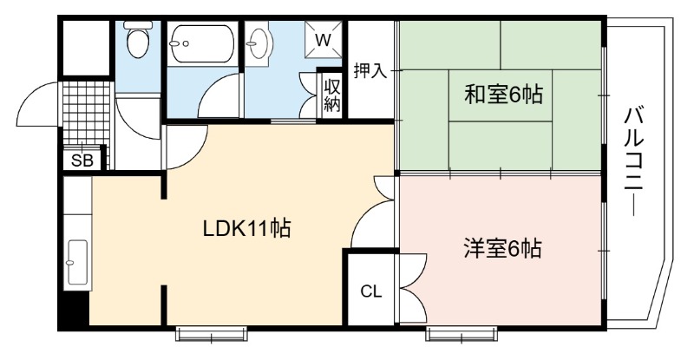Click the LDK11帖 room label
click(246, 229)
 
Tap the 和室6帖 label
click(503, 95)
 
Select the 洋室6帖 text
click(503, 248)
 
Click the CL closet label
click(371, 291)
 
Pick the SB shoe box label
click(82, 160)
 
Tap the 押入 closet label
click(370, 71)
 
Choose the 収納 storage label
click(332, 95)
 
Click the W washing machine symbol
click(323, 40)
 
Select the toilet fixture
click(138, 40)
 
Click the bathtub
click(202, 43)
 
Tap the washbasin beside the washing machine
click(258, 43)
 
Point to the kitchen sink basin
click(77, 263)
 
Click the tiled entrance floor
click(86, 113)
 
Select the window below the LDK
click(211, 334)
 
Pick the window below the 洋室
click(462, 334)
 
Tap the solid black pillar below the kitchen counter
click(74, 310)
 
